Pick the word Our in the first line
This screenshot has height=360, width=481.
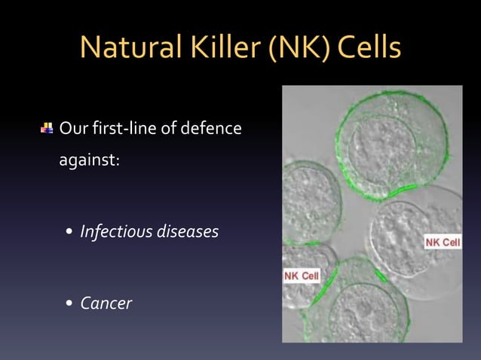click(x=73, y=129)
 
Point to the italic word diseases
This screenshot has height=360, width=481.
click(x=187, y=231)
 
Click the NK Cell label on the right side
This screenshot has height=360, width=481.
click(x=443, y=242)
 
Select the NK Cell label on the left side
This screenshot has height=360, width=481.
click(x=301, y=276)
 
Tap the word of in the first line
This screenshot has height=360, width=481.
click(x=170, y=129)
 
